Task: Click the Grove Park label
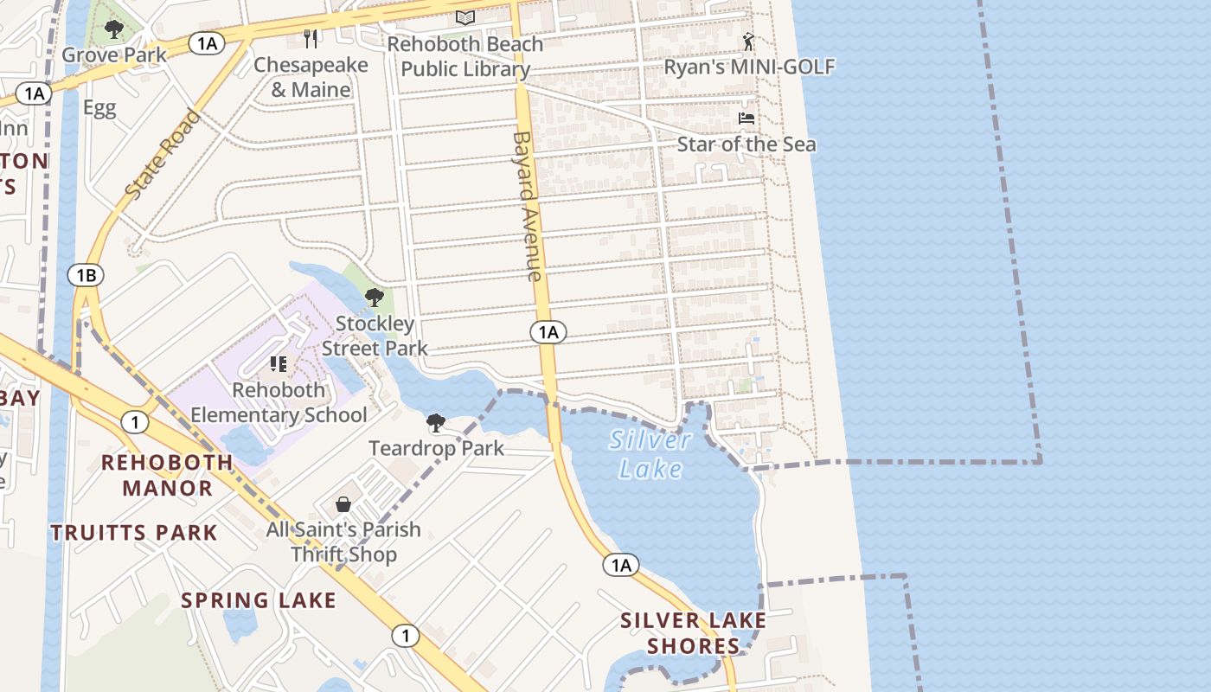(114, 55)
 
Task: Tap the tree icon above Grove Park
(113, 30)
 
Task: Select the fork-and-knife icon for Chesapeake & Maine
(311, 38)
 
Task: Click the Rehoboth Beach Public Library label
(465, 56)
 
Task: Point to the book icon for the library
(465, 17)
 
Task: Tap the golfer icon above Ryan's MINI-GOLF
(749, 41)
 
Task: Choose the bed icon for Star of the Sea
(746, 118)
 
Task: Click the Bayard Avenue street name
(527, 206)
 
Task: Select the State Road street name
(163, 154)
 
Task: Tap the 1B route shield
(86, 276)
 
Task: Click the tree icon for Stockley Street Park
(375, 298)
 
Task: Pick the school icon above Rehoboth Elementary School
(278, 364)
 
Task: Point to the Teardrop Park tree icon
(436, 423)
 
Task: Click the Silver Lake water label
(650, 454)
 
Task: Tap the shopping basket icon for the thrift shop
(343, 504)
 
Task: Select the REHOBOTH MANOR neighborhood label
(167, 475)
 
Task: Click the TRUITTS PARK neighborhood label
(134, 532)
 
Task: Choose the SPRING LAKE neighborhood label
(258, 600)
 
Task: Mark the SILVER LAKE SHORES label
(694, 633)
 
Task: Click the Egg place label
(99, 108)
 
